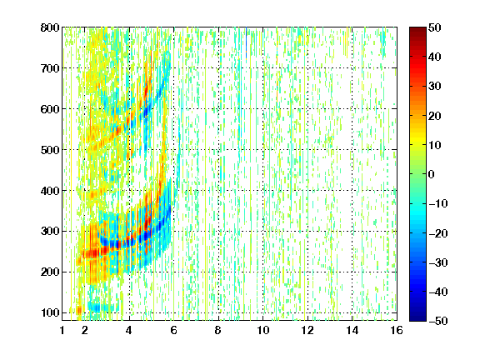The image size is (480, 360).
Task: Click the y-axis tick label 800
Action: [50, 27]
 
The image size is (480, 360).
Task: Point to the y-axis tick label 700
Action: [50, 68]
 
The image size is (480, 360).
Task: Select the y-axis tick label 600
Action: [50, 109]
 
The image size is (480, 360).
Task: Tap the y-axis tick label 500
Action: [50, 150]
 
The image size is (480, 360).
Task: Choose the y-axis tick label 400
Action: [50, 191]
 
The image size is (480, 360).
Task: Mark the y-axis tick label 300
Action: [50, 232]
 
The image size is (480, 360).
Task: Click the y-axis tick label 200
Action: [50, 272]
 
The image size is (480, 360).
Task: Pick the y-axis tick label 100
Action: [50, 312]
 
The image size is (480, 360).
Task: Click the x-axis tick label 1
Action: [62, 330]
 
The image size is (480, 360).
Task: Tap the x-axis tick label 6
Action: [174, 330]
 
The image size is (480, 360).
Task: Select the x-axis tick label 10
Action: [263, 330]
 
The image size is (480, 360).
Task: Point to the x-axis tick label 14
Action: [352, 330]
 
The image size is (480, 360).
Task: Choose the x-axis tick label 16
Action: [397, 330]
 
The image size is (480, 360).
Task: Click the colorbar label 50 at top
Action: [435, 27]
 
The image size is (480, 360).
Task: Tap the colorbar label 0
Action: [432, 174]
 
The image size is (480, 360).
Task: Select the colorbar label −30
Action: [438, 262]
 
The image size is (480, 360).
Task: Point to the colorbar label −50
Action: [438, 321]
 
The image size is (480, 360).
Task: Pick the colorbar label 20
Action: [435, 116]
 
